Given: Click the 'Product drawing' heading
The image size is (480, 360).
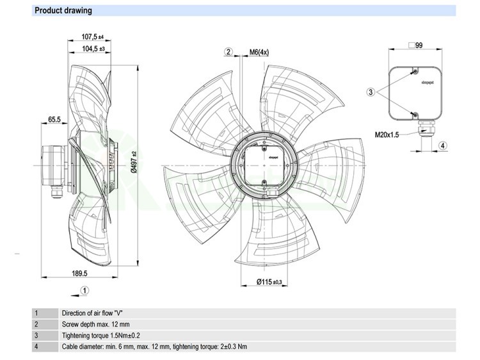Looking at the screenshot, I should (x=63, y=11).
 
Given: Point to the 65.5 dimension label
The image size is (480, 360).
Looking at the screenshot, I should (x=54, y=119).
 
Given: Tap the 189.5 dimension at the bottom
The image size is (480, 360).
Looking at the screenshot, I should (x=79, y=274).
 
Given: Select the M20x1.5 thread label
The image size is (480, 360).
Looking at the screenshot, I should (x=387, y=135).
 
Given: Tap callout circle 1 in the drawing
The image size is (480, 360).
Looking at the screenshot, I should (x=84, y=290).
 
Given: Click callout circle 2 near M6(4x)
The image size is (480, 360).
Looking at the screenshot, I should (x=228, y=52).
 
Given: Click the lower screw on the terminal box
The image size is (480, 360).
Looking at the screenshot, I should (x=414, y=114).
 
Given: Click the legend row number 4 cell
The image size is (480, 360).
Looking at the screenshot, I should (x=36, y=347).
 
